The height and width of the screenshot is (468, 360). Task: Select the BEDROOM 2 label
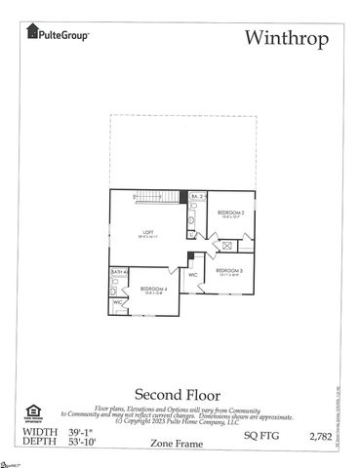pyautogui.click(x=230, y=213)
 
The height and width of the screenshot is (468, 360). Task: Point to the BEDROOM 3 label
pyautogui.click(x=229, y=270)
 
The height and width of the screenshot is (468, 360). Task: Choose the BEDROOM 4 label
pyautogui.click(x=153, y=290)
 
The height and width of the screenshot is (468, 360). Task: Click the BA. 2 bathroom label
pyautogui.click(x=196, y=196)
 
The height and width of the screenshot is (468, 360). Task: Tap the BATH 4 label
pyautogui.click(x=118, y=272)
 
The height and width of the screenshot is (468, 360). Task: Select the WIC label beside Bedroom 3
pyautogui.click(x=193, y=275)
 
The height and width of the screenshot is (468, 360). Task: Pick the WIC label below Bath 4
pyautogui.click(x=118, y=303)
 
